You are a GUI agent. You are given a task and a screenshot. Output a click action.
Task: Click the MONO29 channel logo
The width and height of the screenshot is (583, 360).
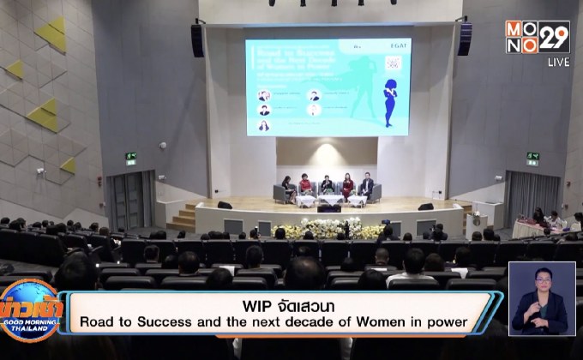pos(538,37)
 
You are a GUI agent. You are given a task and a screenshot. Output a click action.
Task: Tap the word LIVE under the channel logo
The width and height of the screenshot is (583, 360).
pos(558,63)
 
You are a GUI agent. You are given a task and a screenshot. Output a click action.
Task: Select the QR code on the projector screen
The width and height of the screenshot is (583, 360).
pos(394,63)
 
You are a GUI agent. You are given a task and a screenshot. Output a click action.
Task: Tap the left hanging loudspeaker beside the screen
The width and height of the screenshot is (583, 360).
pos(198,40)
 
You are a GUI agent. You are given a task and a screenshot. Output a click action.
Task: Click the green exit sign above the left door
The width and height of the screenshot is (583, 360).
pos(130,158)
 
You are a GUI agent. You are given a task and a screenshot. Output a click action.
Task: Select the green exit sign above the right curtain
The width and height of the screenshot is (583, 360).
pos(532,158)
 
